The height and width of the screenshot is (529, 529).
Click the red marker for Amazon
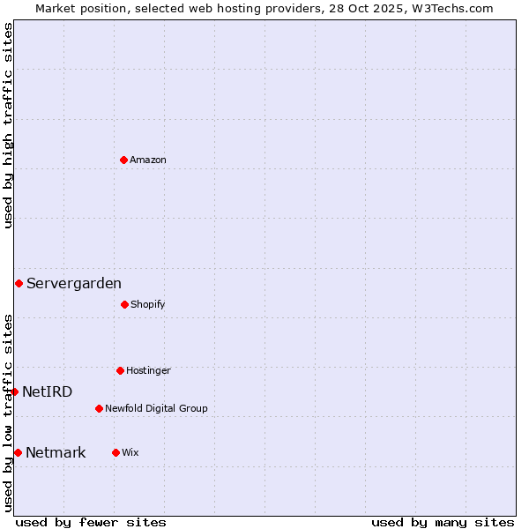[123, 160]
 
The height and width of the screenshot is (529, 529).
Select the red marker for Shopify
[124, 304]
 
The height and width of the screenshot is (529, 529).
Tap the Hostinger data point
[120, 370]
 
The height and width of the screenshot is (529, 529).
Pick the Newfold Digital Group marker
[99, 408]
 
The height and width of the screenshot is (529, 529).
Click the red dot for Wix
[115, 452]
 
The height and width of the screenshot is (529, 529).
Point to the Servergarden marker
[19, 283]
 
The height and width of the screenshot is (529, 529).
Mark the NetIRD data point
[14, 391]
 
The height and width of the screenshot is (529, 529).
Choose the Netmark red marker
[18, 452]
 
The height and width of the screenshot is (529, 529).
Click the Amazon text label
[148, 160]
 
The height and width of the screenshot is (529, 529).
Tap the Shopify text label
[148, 304]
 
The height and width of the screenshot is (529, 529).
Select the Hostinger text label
[148, 370]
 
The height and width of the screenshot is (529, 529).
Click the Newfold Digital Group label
[156, 408]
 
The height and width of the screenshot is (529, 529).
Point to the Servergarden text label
[74, 283]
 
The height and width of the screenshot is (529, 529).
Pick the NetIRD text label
[48, 391]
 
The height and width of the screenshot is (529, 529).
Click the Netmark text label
[56, 452]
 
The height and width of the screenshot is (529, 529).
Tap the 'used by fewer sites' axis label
[91, 522]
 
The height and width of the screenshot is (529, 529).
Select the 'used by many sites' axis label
[443, 522]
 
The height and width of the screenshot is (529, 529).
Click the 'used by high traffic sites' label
[8, 125]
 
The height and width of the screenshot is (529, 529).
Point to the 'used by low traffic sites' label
[8, 413]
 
